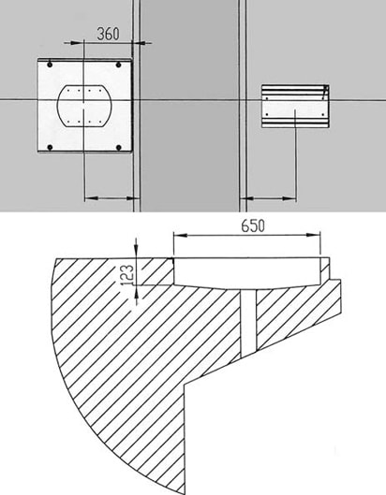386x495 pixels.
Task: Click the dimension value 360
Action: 108,34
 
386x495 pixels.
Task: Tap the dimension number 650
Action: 253,226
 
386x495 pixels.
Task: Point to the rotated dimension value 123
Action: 127,275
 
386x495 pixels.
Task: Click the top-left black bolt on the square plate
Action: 50,65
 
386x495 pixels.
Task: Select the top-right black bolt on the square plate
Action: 119,65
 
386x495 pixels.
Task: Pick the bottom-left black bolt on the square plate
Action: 50,148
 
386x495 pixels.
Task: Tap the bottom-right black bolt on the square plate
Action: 119,148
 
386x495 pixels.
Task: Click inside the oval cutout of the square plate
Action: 84,106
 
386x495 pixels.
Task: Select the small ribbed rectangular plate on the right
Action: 295,106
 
